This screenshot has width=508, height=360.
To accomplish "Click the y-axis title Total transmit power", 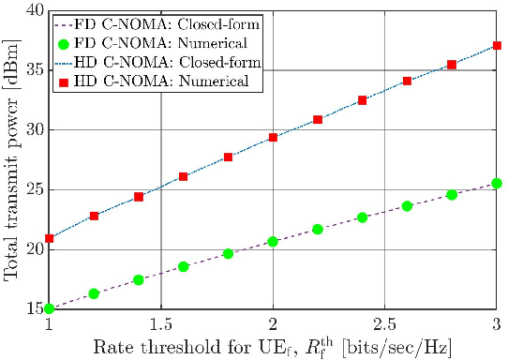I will click(x=11, y=159).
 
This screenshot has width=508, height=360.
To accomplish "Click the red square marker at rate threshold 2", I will click(x=273, y=137).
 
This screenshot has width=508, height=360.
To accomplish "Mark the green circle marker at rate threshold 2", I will click(x=273, y=241).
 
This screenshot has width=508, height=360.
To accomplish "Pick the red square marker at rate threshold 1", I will click(x=50, y=238).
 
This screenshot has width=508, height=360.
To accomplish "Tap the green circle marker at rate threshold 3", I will click(x=496, y=184).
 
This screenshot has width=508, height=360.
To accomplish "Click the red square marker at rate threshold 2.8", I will click(x=452, y=65).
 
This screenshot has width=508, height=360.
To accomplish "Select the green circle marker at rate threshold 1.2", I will click(x=94, y=293).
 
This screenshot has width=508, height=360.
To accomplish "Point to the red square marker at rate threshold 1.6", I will click(x=184, y=176).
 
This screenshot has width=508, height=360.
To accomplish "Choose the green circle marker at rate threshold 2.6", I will click(x=407, y=205).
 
